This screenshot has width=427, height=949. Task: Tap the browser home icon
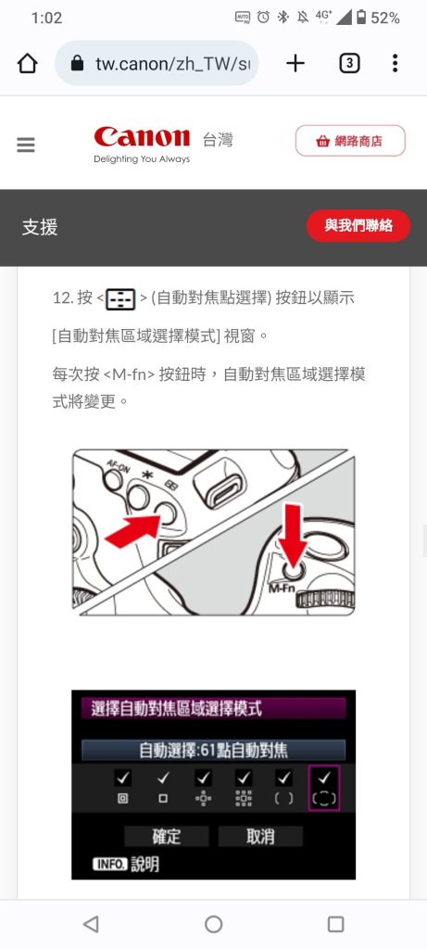[28, 63]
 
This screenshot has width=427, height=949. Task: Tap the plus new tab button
[295, 63]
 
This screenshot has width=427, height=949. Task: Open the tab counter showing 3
[349, 63]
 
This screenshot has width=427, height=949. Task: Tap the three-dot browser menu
[395, 63]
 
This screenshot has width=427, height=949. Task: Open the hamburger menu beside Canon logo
[26, 145]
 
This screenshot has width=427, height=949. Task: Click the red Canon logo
[142, 137]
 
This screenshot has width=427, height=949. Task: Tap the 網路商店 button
[350, 141]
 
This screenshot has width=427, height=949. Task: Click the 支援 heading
[40, 228]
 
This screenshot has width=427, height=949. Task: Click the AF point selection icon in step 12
[120, 299]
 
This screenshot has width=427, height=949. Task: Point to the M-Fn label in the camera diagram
[280, 588]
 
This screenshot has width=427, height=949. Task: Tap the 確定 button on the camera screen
[167, 837]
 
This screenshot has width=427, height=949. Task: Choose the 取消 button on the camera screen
[260, 837]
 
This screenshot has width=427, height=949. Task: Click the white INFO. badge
[109, 865]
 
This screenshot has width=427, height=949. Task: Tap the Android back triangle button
[91, 924]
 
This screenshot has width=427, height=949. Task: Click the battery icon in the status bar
[361, 18]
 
